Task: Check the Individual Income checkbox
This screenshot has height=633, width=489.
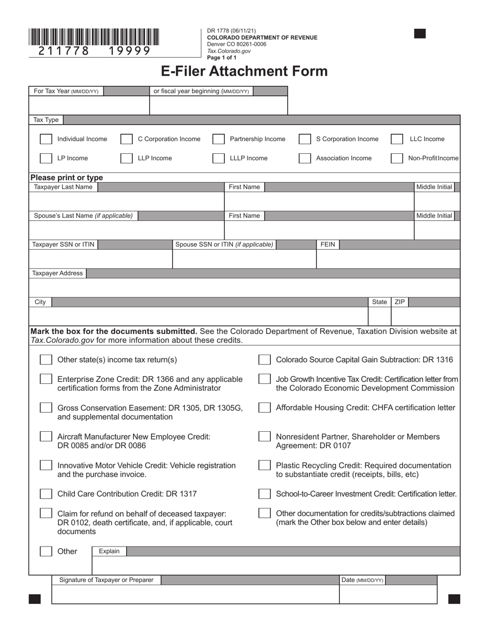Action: (x=46, y=139)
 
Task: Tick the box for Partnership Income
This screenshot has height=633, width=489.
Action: (x=218, y=139)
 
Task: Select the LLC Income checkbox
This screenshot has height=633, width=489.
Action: (x=396, y=139)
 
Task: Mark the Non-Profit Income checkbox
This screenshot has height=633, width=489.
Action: (x=396, y=159)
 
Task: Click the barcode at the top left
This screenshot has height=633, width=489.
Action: (x=94, y=38)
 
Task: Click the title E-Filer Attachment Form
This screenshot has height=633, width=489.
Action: (x=244, y=71)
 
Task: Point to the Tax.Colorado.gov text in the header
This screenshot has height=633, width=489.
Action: (x=229, y=51)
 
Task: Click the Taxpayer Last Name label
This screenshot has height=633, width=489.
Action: (x=63, y=187)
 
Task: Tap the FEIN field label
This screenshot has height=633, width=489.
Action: (x=328, y=244)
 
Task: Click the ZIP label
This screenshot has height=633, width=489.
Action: (x=399, y=302)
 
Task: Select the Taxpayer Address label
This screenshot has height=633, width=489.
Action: (x=58, y=273)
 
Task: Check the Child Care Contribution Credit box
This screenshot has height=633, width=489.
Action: (x=46, y=494)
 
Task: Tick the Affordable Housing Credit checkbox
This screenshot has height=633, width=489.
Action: (x=265, y=408)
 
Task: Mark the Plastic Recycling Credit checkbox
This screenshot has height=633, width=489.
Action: (x=265, y=465)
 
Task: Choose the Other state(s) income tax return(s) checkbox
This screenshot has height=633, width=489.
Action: (x=46, y=360)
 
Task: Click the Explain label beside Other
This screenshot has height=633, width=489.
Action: (x=109, y=551)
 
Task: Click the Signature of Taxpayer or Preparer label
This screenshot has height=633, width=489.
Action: (x=106, y=580)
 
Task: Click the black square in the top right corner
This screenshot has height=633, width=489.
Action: (x=420, y=34)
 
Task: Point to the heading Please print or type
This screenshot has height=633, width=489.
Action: (x=67, y=178)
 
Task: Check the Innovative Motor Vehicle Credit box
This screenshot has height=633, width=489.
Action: (x=46, y=465)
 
